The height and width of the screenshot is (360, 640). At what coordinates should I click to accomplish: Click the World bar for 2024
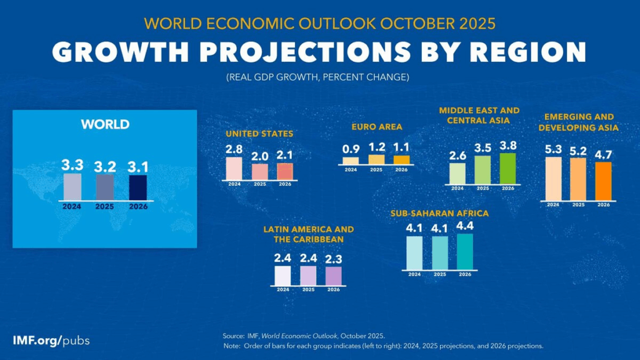tap(72, 186)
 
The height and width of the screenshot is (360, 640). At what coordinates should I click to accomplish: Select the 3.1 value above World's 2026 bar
tap(138, 166)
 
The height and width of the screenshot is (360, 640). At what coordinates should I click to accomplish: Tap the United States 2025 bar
tap(259, 171)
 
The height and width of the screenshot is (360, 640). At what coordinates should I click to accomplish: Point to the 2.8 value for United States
tap(234, 149)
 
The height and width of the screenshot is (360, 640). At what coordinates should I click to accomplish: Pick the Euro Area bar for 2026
tap(401, 160)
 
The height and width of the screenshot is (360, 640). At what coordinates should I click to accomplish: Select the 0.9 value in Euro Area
tap(351, 149)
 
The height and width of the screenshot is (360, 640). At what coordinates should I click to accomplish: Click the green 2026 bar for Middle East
tap(507, 168)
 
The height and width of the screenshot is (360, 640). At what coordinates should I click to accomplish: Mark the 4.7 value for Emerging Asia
tap(602, 154)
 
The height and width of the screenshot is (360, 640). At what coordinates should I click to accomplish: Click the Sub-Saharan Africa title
tap(439, 213)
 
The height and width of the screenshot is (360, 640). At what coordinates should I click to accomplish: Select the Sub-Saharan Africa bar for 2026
tap(464, 251)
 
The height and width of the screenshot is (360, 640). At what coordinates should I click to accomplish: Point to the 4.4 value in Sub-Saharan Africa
tap(464, 226)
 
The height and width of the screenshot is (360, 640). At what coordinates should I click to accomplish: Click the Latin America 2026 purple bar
tap(334, 276)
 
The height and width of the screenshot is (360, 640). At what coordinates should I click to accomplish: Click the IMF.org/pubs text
tap(51, 341)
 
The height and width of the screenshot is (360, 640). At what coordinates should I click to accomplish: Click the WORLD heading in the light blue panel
tap(105, 124)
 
